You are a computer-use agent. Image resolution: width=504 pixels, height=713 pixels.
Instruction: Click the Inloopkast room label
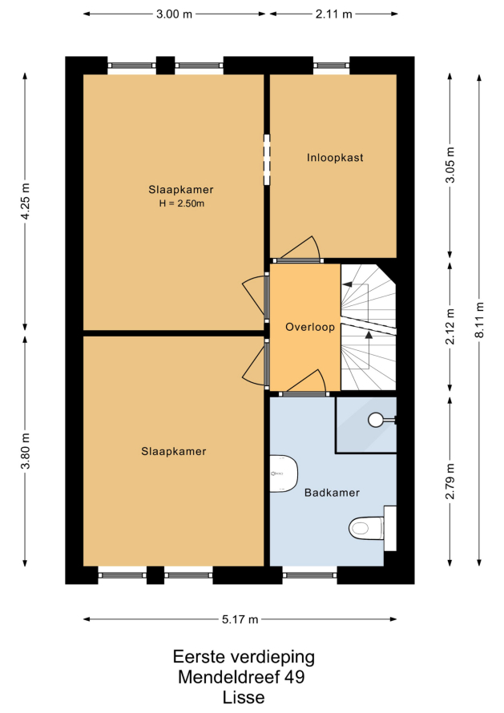pyautogui.click(x=335, y=158)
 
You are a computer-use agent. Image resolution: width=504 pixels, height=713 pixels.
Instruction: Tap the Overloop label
pyautogui.click(x=310, y=327)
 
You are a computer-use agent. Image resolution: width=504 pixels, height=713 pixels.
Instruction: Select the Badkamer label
pyautogui.click(x=332, y=493)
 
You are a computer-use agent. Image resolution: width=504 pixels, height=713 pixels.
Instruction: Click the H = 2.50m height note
pyautogui.click(x=182, y=203)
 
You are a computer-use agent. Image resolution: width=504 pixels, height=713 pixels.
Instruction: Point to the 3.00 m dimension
pyautogui.click(x=174, y=14)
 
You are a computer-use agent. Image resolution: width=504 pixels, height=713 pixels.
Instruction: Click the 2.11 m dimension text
pyautogui.click(x=334, y=14)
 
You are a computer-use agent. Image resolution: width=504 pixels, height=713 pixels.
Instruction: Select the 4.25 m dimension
pyautogui.click(x=26, y=201)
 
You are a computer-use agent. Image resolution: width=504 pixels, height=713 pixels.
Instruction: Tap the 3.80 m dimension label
pyautogui.click(x=26, y=450)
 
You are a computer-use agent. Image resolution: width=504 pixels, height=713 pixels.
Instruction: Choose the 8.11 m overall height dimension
pyautogui.click(x=479, y=320)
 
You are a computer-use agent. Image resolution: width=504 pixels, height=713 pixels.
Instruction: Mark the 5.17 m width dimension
pyautogui.click(x=240, y=619)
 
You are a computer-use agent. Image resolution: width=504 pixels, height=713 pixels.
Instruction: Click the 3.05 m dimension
pyautogui.click(x=450, y=165)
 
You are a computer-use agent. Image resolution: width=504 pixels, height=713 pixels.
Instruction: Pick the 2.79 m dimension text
pyautogui.click(x=450, y=481)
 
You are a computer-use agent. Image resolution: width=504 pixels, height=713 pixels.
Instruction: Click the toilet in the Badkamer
pyautogui.click(x=366, y=528)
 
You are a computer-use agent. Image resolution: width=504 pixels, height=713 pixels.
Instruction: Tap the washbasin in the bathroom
pyautogui.click(x=284, y=473)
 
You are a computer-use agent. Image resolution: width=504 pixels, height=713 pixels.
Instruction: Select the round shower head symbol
pyautogui.click(x=376, y=420)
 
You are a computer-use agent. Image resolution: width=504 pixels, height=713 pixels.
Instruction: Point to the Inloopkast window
pyautogui.click(x=331, y=66)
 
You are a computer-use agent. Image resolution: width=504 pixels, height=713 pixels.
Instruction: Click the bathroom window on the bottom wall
pyautogui.click(x=310, y=575)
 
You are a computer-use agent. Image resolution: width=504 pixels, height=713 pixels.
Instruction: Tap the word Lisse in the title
pyautogui.click(x=244, y=697)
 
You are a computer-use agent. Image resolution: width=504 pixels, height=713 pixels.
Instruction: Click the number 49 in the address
pyautogui.click(x=294, y=677)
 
